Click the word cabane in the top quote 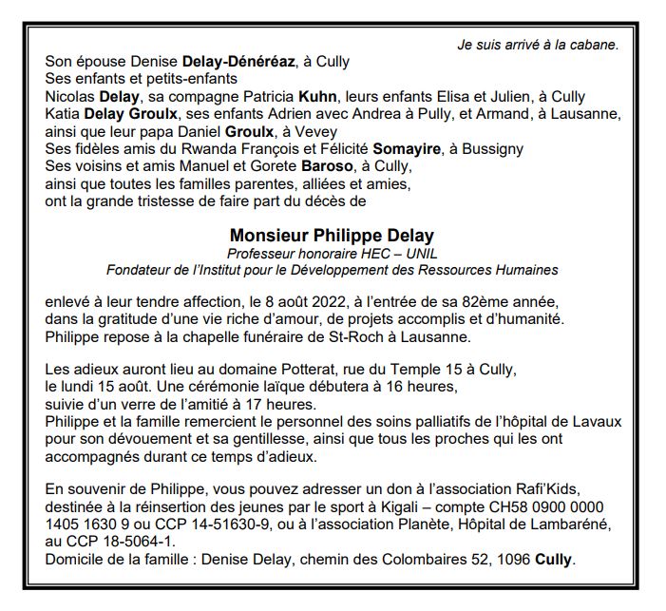(594, 44)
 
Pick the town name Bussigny (494, 149)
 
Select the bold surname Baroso (324, 166)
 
